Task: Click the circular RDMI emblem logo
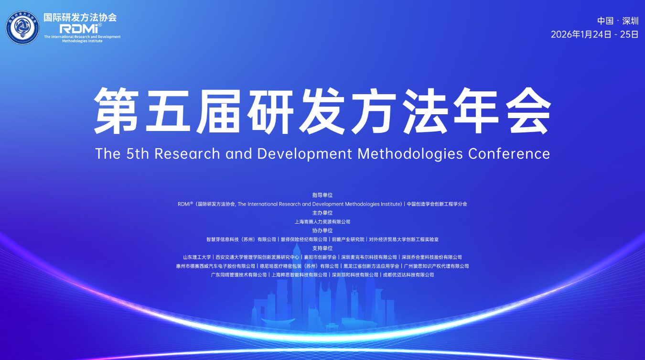[22, 28]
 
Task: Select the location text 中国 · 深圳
[617, 21]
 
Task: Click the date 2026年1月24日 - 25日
[594, 34]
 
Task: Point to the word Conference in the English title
[509, 154]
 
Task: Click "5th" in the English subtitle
[138, 154]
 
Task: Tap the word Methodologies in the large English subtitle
[410, 154]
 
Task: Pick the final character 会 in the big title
[528, 111]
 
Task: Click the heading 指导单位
[322, 195]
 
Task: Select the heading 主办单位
[322, 213]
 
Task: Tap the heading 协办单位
[322, 230]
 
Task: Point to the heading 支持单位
[322, 248]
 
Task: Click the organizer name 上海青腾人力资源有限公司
[322, 222]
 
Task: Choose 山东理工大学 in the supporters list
[197, 257]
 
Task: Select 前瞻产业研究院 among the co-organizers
[348, 240]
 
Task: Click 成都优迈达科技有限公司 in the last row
[408, 275]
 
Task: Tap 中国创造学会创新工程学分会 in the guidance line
[437, 204]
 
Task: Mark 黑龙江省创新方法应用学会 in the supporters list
[371, 266]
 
